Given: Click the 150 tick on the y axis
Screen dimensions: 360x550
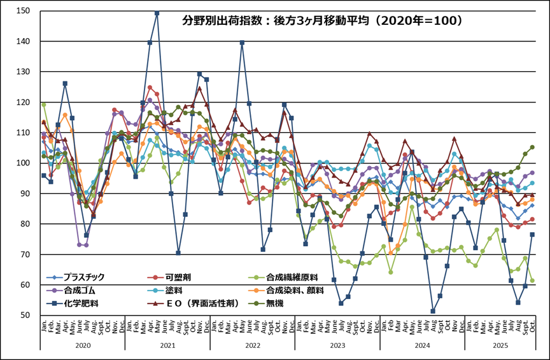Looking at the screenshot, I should point(26,11).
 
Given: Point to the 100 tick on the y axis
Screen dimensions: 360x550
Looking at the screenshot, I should point(26,163).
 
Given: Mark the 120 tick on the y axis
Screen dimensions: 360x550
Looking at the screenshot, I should point(26,102).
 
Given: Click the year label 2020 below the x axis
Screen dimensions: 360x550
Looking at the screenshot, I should point(82,344).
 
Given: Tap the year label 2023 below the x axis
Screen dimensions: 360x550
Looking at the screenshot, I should point(337,344).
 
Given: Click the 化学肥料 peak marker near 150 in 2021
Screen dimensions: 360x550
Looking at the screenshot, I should point(157,13).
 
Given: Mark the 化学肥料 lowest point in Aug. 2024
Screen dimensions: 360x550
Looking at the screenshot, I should point(433,311).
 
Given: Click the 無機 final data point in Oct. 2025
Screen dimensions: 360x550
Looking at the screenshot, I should point(532,147).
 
